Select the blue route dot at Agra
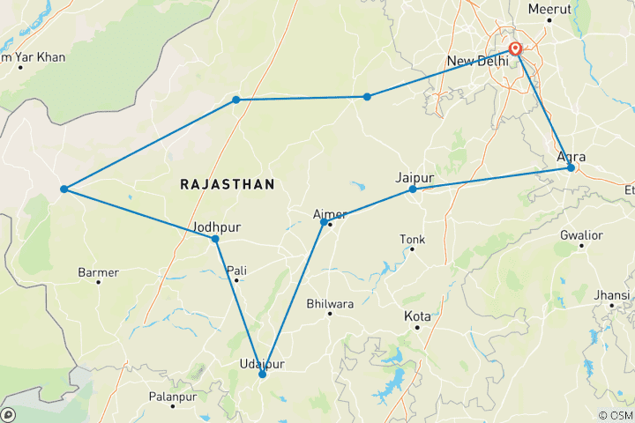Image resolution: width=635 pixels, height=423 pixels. (571, 167)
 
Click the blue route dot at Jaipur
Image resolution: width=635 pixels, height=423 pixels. (413, 189)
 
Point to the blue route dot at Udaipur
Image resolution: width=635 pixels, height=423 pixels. (262, 375)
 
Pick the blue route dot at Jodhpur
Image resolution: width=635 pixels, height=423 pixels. (215, 239)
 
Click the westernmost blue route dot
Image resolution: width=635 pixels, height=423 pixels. (63, 189)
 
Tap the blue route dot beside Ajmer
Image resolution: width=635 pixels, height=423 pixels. (324, 222)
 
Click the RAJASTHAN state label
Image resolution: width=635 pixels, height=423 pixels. (228, 184)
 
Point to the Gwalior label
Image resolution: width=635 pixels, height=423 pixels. (581, 235)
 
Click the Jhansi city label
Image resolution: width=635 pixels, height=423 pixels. (611, 293)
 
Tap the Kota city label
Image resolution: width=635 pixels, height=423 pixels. (417, 315)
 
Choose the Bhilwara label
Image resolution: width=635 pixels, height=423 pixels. (330, 304)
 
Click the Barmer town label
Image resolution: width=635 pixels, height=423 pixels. (98, 272)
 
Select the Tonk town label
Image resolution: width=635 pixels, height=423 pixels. (412, 239)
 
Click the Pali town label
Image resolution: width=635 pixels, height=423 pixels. (235, 271)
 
